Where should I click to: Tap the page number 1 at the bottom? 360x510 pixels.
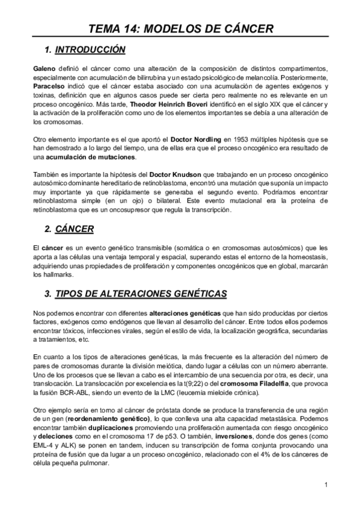(x=325, y=485)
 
